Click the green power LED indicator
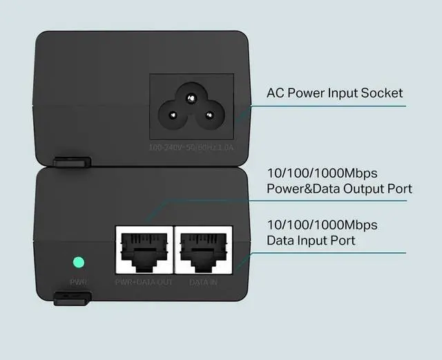click(78, 263)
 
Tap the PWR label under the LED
click(77, 282)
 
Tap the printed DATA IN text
click(204, 283)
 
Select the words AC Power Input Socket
click(335, 93)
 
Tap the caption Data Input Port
click(311, 240)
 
